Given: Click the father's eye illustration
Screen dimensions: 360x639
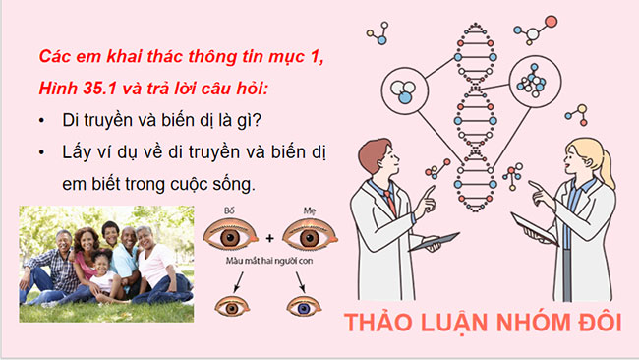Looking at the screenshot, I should point(230,235).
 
